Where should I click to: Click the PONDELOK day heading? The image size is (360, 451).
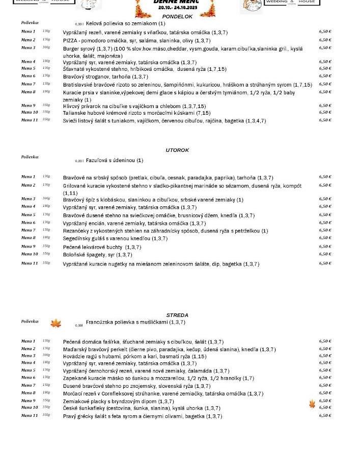pyautogui.click(x=177, y=17)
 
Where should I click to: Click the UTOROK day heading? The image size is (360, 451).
pyautogui.click(x=177, y=150)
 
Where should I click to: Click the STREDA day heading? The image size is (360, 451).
pyautogui.click(x=177, y=315)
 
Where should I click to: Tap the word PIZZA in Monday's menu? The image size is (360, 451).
pyautogui.click(x=70, y=40)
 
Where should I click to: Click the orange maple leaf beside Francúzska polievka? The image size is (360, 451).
pyautogui.click(x=56, y=323)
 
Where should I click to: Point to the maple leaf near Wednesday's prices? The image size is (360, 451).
pyautogui.click(x=312, y=404)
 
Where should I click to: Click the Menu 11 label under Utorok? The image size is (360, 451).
pyautogui.click(x=30, y=263)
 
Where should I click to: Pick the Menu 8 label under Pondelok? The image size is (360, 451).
pyautogui.click(x=29, y=92)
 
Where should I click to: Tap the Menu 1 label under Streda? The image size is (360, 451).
pyautogui.click(x=29, y=341)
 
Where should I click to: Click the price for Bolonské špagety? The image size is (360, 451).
pyautogui.click(x=325, y=254)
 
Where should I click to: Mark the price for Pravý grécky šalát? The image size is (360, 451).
pyautogui.click(x=325, y=416)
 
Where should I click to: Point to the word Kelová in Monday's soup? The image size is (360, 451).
pyautogui.click(x=94, y=23)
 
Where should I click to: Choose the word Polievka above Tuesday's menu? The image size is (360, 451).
pyautogui.click(x=30, y=157)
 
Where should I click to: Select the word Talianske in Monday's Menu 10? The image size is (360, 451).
pyautogui.click(x=75, y=113)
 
